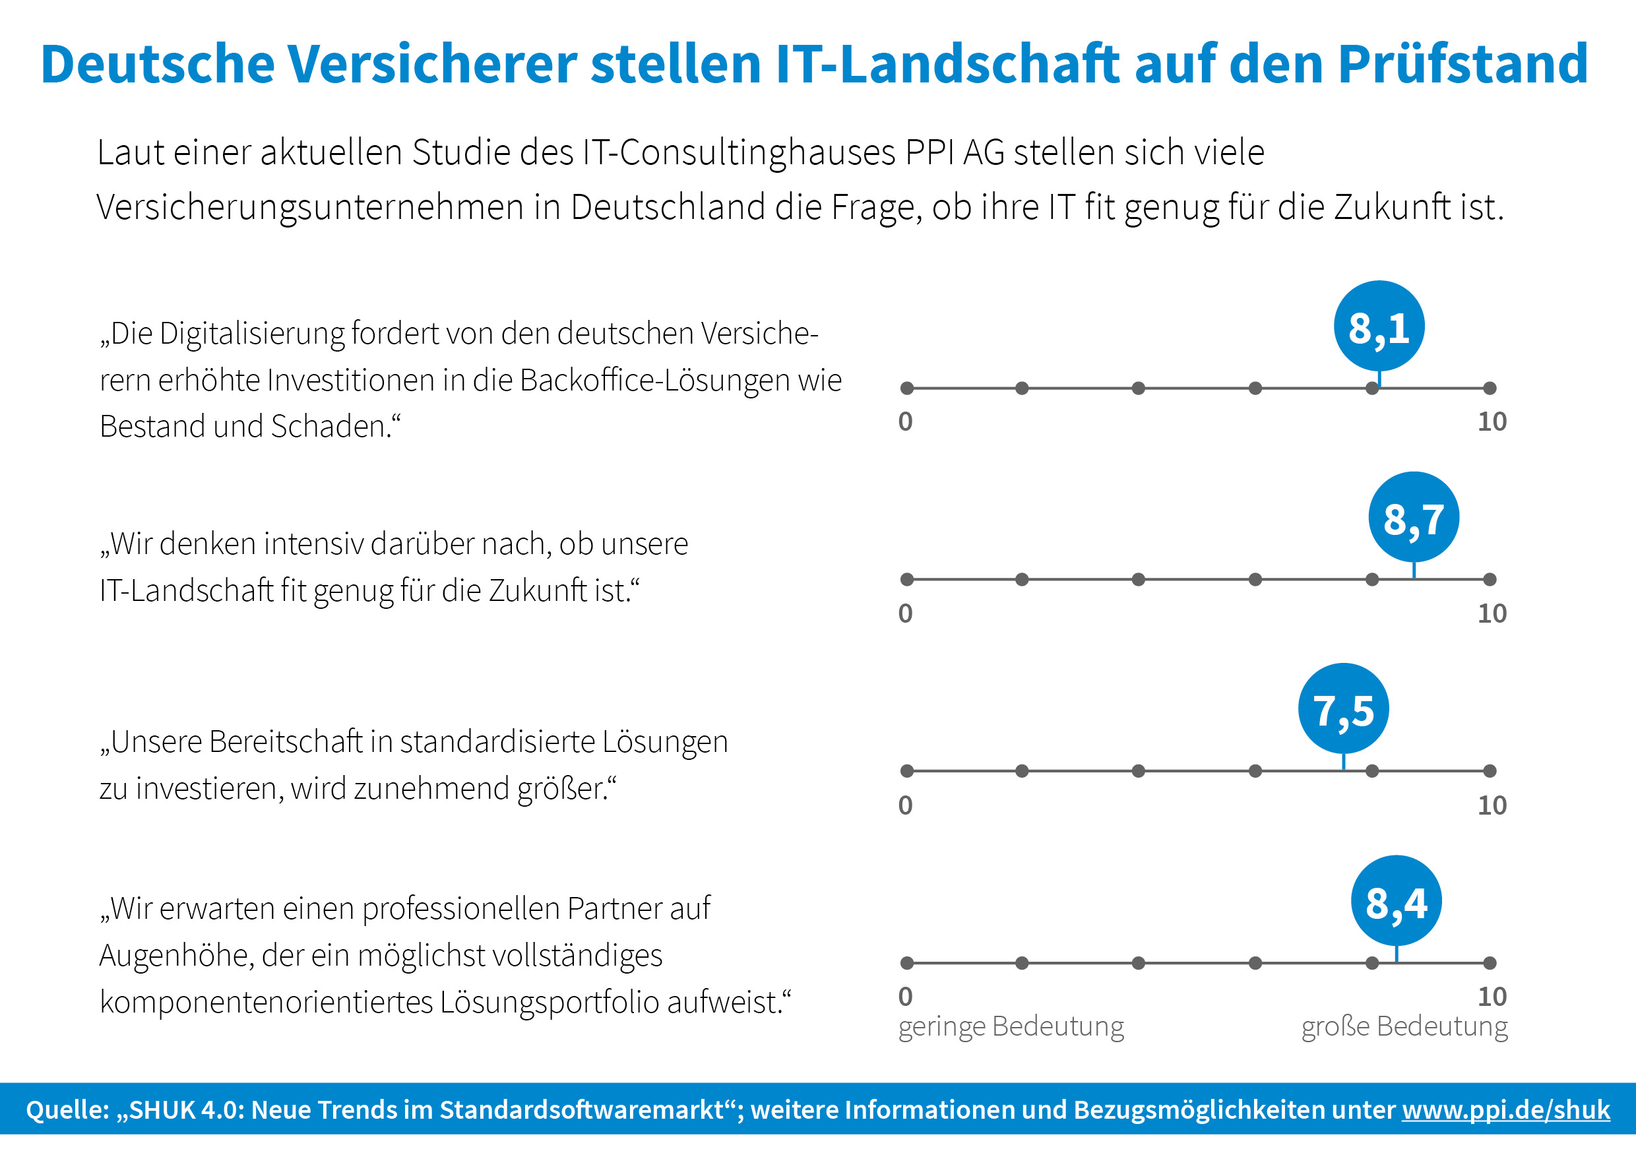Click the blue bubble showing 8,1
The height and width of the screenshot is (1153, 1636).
click(x=1379, y=327)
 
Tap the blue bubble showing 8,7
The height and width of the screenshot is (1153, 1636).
click(x=1414, y=517)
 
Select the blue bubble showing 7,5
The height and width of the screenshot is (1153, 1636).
click(x=1343, y=709)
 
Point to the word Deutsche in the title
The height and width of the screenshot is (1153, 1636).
click(x=158, y=64)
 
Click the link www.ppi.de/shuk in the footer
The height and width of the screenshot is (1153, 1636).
click(x=1506, y=1109)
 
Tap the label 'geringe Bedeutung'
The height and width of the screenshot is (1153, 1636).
click(x=1011, y=1027)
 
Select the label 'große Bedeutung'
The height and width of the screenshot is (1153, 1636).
click(x=1404, y=1027)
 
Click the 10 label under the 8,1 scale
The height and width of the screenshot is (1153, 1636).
click(x=1492, y=422)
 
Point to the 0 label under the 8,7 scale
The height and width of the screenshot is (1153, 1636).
click(x=906, y=613)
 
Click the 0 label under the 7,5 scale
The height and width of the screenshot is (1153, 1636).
click(x=906, y=805)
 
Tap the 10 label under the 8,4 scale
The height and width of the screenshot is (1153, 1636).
click(x=1492, y=997)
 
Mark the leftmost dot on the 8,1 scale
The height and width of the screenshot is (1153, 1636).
click(x=907, y=389)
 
